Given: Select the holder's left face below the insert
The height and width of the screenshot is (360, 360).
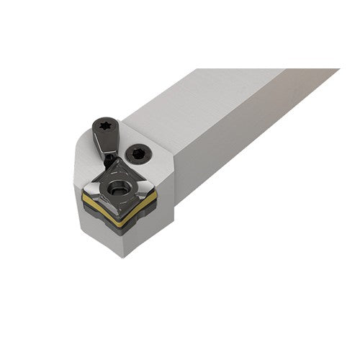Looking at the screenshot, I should pos(101,234).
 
